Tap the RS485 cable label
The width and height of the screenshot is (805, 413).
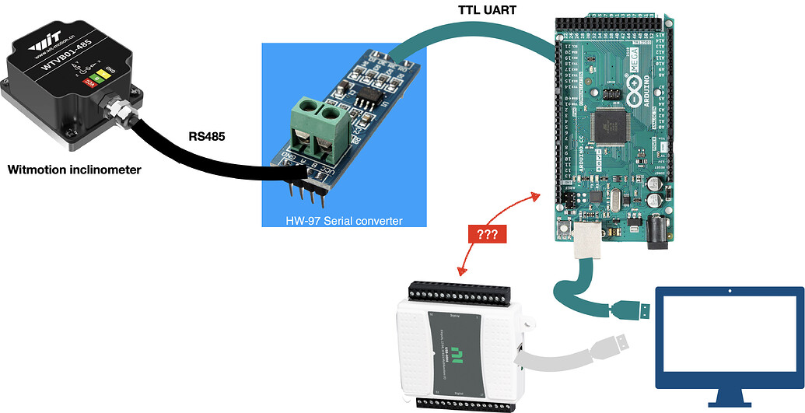coord(208,136)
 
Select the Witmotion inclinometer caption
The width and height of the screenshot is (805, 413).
coord(74,169)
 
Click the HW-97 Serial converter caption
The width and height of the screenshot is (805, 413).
coord(344,220)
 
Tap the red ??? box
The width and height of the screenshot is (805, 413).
coord(487,233)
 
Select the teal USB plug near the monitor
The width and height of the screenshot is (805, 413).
coord(628,309)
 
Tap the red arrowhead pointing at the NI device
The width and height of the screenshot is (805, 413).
coord(462,272)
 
